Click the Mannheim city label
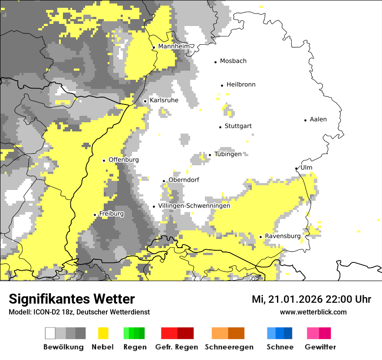pyautogui.click(x=174, y=46)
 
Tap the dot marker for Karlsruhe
pyautogui.click(x=145, y=101)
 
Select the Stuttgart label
pyautogui.click(x=238, y=126)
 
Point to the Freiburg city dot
pyautogui.click(x=95, y=215)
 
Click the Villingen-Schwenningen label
pyautogui.click(x=194, y=206)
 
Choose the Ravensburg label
pyautogui.click(x=282, y=236)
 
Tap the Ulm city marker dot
pyautogui.click(x=296, y=168)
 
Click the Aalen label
pyautogui.click(x=318, y=119)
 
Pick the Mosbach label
pyautogui.click(x=233, y=61)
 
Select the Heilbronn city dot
pyautogui.click(x=222, y=85)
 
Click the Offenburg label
pyautogui.click(x=124, y=160)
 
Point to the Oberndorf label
pyautogui.click(x=184, y=180)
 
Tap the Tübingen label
pyautogui.click(x=228, y=154)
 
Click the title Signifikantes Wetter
pyautogui.click(x=72, y=299)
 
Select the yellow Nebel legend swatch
pyautogui.click(x=103, y=333)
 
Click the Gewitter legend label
pyautogui.click(x=320, y=347)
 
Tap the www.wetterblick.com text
pyautogui.click(x=313, y=312)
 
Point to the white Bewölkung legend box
pyautogui.click(x=50, y=333)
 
